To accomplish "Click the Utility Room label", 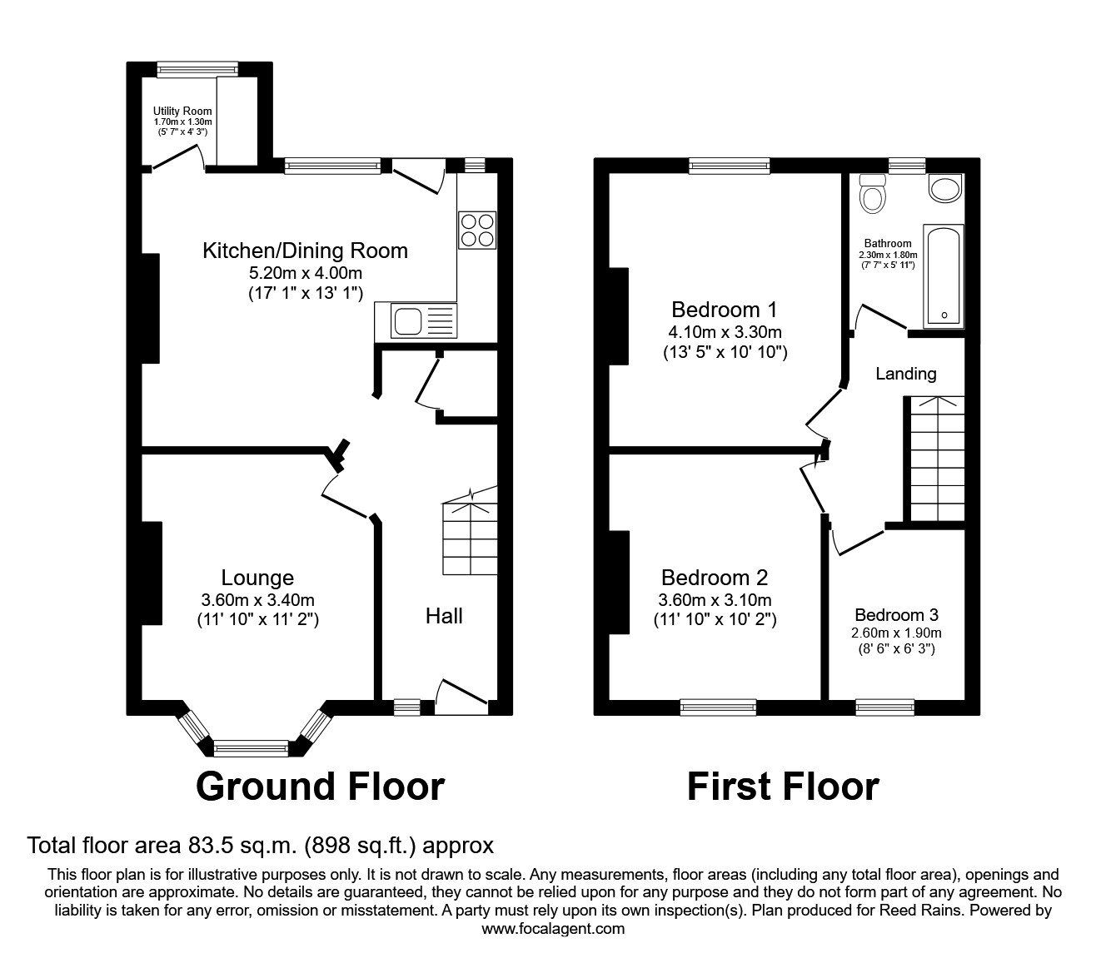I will pos(182,112).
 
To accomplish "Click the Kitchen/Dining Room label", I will pos(305,251).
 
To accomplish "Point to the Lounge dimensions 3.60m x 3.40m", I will pos(257,600).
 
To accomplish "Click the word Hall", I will pos(444,616).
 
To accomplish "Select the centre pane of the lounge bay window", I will pos(251,748).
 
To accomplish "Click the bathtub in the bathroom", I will pos(944,275).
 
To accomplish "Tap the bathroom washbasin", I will pos(945,188).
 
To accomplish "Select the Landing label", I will pos(905,374).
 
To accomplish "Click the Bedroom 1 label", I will pos(724,310).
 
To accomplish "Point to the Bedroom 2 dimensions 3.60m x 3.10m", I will pos(714,600).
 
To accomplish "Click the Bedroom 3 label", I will pos(896,615).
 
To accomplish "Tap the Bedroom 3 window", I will pos(884,707).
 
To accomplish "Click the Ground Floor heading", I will pos(320,787).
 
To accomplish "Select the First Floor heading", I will pos(782,787).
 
